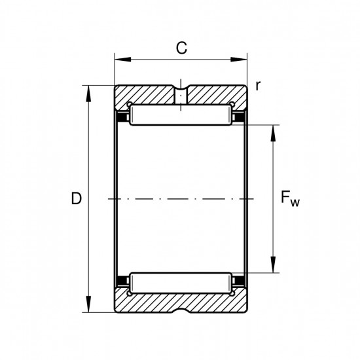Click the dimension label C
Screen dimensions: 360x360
[x=181, y=48]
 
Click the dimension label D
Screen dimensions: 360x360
[x=77, y=198]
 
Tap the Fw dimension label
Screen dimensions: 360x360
[x=290, y=199]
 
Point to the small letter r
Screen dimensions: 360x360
[x=258, y=86]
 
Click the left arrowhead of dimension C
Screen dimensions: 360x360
[x=122, y=60]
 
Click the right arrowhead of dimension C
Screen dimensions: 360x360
[x=239, y=60]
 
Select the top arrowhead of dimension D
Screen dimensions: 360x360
[x=88, y=94]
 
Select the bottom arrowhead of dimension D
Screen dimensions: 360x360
[x=88, y=304]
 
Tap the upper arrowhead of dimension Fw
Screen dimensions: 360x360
[x=273, y=134]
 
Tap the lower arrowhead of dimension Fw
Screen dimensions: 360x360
[x=273, y=264]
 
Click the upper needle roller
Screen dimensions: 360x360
[x=181, y=115]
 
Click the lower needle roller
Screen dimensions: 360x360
[x=181, y=283]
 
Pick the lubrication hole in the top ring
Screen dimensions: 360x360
[x=181, y=96]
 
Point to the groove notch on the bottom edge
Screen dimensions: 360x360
[x=181, y=310]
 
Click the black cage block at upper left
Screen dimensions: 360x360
[x=122, y=117]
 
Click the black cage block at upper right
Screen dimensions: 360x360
[x=239, y=117]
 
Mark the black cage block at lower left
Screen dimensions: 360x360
[x=122, y=281]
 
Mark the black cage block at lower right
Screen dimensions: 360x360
[x=239, y=281]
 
